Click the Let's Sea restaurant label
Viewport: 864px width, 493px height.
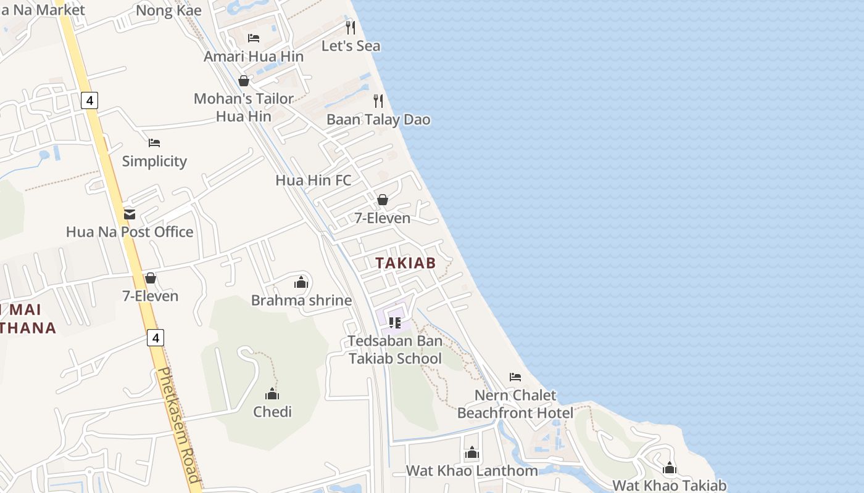pyautogui.click(x=351, y=46)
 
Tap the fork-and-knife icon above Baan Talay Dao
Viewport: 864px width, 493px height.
pyautogui.click(x=378, y=100)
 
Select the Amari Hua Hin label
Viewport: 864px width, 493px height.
pyautogui.click(x=254, y=57)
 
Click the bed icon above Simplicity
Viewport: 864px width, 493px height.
pyautogui.click(x=154, y=143)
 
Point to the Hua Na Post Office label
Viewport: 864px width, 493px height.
pyautogui.click(x=130, y=232)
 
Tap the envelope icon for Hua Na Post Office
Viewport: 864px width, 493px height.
pyautogui.click(x=130, y=214)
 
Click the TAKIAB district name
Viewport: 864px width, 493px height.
pyautogui.click(x=405, y=263)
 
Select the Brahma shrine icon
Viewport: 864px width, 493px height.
pyautogui.click(x=301, y=283)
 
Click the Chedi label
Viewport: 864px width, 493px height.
pyautogui.click(x=272, y=412)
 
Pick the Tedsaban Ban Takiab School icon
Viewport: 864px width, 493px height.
pyautogui.click(x=395, y=322)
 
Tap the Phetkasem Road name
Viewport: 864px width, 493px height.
pyautogui.click(x=179, y=425)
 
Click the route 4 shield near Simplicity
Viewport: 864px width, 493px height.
pyautogui.click(x=89, y=100)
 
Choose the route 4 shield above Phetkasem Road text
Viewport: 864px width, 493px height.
pyautogui.click(x=156, y=338)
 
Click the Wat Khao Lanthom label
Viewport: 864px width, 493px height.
pyautogui.click(x=471, y=471)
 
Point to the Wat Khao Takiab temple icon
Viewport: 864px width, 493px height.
pyautogui.click(x=670, y=468)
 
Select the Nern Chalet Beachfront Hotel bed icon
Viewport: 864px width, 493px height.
pyautogui.click(x=515, y=377)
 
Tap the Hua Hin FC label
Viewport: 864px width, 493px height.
pyautogui.click(x=313, y=181)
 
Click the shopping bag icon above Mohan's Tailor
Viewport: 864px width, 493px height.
pyautogui.click(x=244, y=81)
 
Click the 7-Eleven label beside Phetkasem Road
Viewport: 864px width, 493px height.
pyautogui.click(x=150, y=296)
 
